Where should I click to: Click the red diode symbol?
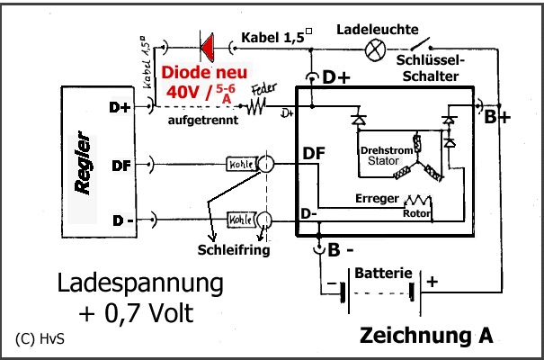(204, 43)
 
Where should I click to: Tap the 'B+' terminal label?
(496, 117)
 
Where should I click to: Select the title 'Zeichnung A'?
(426, 336)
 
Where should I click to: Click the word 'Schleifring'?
(234, 249)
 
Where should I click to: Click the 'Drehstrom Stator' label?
(386, 155)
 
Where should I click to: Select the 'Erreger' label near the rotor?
(376, 198)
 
